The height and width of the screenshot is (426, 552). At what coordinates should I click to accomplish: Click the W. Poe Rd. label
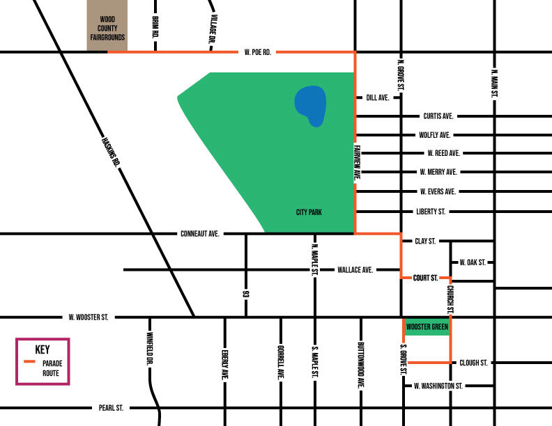click(x=258, y=52)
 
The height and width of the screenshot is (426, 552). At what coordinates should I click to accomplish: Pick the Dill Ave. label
click(x=377, y=98)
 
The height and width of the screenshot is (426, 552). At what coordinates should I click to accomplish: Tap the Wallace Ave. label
click(x=355, y=269)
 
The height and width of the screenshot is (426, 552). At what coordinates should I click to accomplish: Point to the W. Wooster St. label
click(x=89, y=317)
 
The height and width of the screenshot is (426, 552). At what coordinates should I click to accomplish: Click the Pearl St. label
click(x=112, y=408)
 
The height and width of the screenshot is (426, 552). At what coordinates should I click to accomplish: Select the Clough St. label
click(x=473, y=363)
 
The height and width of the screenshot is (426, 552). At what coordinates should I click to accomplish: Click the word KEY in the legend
click(x=43, y=349)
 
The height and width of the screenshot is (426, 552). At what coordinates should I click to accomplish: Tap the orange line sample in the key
click(x=29, y=363)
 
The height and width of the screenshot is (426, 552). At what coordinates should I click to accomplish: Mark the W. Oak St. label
click(x=472, y=262)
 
